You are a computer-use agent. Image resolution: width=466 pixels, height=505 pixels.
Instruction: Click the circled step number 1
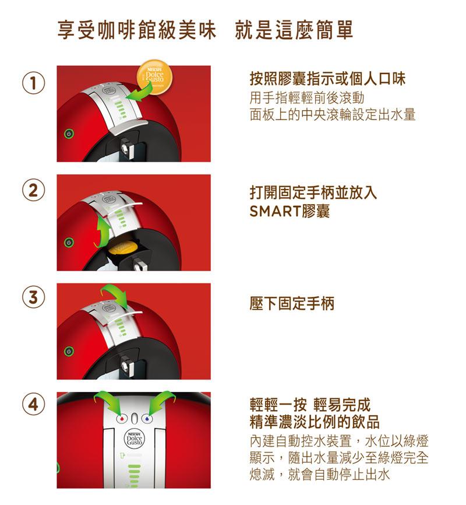click(33, 83)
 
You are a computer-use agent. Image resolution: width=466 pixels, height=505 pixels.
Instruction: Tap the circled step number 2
click(33, 190)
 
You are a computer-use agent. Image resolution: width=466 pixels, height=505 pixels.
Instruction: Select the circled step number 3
click(33, 297)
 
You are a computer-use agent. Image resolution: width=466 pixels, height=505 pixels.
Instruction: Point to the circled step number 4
click(33, 404)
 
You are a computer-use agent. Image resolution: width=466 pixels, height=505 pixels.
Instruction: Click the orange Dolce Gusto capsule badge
click(155, 78)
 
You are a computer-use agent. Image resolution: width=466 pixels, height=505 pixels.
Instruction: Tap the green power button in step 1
click(69, 134)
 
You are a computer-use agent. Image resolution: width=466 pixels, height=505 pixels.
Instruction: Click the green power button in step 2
click(69, 242)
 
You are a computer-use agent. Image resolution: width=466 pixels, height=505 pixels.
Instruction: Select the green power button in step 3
click(69, 351)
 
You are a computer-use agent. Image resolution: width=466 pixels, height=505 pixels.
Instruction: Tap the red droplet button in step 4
click(122, 418)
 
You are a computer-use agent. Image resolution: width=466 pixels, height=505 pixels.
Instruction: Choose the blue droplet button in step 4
click(147, 418)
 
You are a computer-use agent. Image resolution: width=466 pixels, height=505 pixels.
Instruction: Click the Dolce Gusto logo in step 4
click(135, 439)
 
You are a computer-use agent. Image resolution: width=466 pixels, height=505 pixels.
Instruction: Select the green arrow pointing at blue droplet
click(161, 401)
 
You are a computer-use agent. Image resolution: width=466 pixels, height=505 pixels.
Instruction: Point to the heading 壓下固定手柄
click(292, 303)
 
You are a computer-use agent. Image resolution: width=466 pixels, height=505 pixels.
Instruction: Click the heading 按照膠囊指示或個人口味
click(327, 79)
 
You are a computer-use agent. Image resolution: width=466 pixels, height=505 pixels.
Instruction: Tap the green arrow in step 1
click(140, 93)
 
